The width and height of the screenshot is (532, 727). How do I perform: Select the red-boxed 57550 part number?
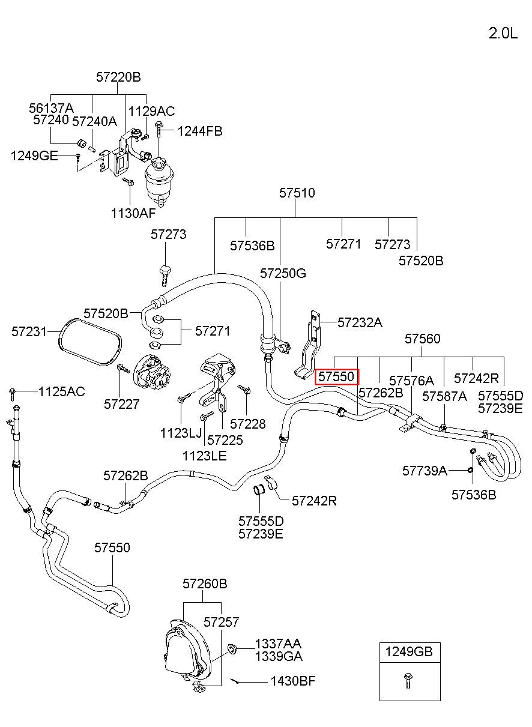tap(337, 376)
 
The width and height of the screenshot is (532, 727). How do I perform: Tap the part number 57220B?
tap(118, 77)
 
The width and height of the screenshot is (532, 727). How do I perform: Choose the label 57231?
tap(29, 332)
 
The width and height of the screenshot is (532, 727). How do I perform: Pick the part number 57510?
tap(297, 193)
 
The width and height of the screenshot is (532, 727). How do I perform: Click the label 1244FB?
tap(200, 131)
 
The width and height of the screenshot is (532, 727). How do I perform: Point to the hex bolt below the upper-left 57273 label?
tap(165, 276)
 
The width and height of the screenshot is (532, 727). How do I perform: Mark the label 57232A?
tap(360, 322)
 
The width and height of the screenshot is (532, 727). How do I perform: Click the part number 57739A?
tap(425, 471)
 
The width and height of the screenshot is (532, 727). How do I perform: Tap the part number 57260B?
tap(205, 584)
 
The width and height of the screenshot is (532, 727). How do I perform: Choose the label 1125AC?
tap(62, 392)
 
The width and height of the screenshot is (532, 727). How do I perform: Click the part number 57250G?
tap(283, 273)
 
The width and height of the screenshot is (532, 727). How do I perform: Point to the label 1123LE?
tap(205, 456)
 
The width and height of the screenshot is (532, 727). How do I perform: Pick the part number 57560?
tap(422, 339)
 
